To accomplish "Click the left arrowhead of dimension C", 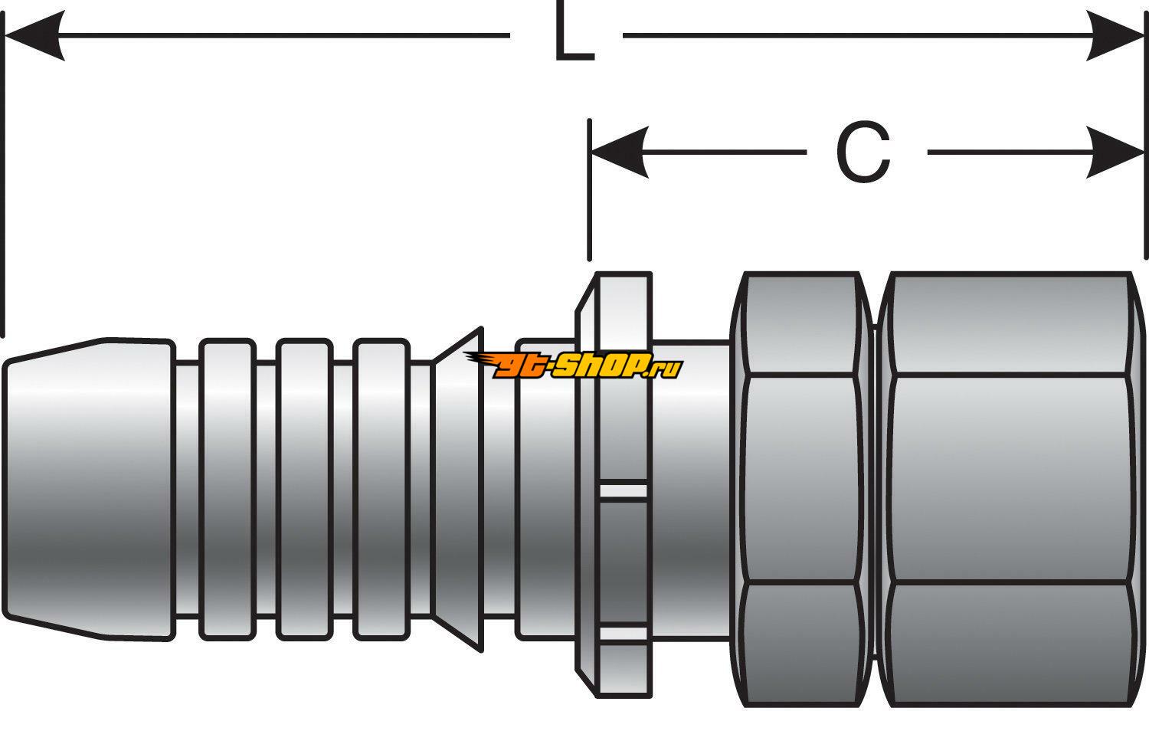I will [619, 152].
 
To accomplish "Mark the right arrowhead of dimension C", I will [1117, 152].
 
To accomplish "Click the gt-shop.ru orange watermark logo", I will [574, 367].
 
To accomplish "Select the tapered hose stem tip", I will [88, 488].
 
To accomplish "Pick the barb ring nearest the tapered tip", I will [226, 488].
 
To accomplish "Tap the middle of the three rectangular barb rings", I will [304, 488].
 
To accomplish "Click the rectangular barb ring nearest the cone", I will [381, 488].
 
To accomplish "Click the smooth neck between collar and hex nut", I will [689, 488].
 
